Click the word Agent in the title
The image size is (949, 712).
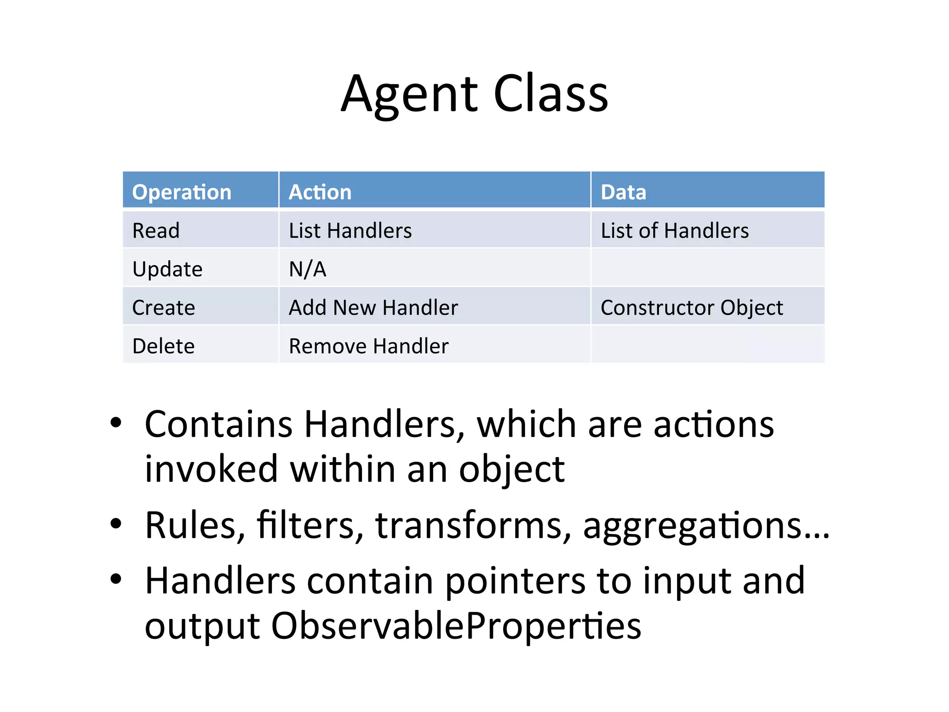coord(410,95)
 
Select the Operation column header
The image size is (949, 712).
coord(182,192)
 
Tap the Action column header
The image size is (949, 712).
coord(320,192)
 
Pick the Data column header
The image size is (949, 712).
coord(623,192)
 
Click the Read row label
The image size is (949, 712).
coord(156,230)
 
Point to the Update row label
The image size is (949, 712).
coord(167,269)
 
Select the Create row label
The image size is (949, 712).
coord(164,308)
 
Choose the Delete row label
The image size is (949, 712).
coord(164,346)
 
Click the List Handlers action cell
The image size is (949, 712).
coord(350,230)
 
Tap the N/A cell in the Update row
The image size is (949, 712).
coord(308,269)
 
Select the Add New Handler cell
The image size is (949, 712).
coord(373,308)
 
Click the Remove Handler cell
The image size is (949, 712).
coord(368,346)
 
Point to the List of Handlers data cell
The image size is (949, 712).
coord(674,230)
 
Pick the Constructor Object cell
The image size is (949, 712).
coord(691,308)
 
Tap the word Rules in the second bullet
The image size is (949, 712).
coord(195,525)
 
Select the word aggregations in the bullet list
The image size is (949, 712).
coord(693,526)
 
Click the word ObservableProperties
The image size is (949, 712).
coord(456,626)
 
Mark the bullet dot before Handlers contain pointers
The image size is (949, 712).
coord(116,578)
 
